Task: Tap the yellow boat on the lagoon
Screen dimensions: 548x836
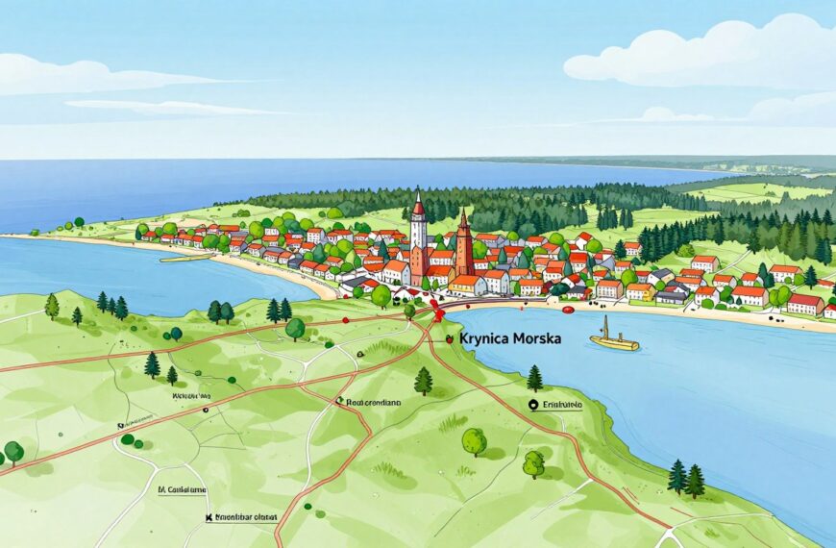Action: point(613,337)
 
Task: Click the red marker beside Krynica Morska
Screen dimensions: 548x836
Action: point(449,338)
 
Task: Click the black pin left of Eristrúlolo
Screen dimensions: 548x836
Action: point(533,406)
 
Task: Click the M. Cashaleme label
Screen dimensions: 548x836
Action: point(184,488)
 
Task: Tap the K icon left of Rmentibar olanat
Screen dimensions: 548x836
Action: point(209,517)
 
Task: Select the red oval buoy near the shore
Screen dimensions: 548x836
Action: point(567,310)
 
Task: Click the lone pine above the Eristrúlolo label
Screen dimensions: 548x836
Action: point(534,377)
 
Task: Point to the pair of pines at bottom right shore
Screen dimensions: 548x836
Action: point(686,477)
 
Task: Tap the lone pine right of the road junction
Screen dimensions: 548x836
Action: point(424,381)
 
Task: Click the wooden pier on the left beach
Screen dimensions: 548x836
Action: point(184,257)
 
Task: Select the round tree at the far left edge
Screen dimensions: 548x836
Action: point(13,451)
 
